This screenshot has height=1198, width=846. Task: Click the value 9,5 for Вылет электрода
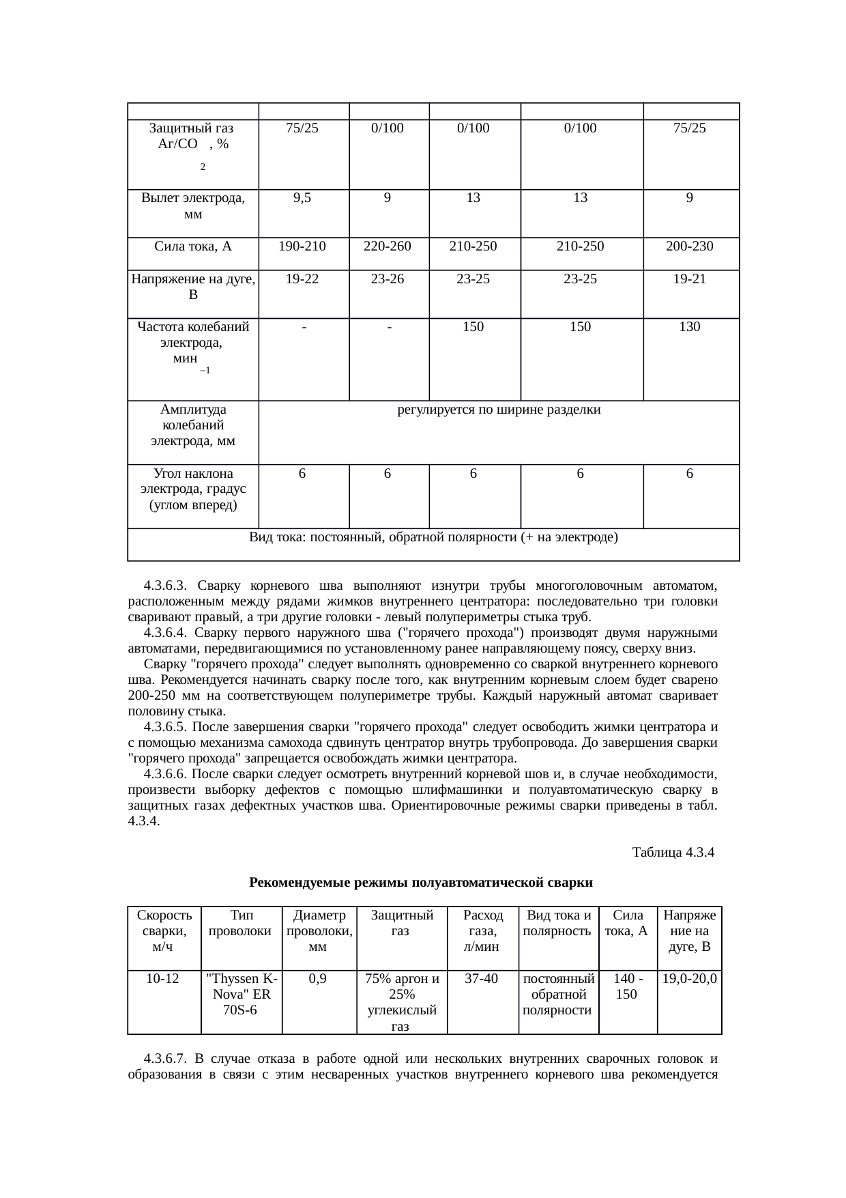pos(302,199)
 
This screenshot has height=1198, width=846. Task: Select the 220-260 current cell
pos(388,246)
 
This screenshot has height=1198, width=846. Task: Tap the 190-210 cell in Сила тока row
pos(302,246)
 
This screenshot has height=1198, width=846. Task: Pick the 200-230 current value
pos(690,246)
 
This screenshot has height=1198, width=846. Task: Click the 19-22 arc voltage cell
pos(302,279)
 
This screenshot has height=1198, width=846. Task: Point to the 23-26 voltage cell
pos(388,279)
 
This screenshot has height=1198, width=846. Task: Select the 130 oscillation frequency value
pos(690,327)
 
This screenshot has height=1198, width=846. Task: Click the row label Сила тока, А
pos(193,246)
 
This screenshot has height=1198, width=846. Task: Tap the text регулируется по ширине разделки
pos(499,410)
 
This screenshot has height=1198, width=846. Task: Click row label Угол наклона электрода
pos(193,489)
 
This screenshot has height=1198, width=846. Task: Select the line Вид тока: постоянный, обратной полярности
pos(433,537)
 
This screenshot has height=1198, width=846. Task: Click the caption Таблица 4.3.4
pos(673,853)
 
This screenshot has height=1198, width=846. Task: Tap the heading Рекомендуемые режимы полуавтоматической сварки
pos(421,883)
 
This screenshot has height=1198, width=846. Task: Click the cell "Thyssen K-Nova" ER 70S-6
pos(240,994)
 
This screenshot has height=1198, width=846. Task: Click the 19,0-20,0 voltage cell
pos(689,979)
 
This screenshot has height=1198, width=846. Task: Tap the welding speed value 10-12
pos(163,979)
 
